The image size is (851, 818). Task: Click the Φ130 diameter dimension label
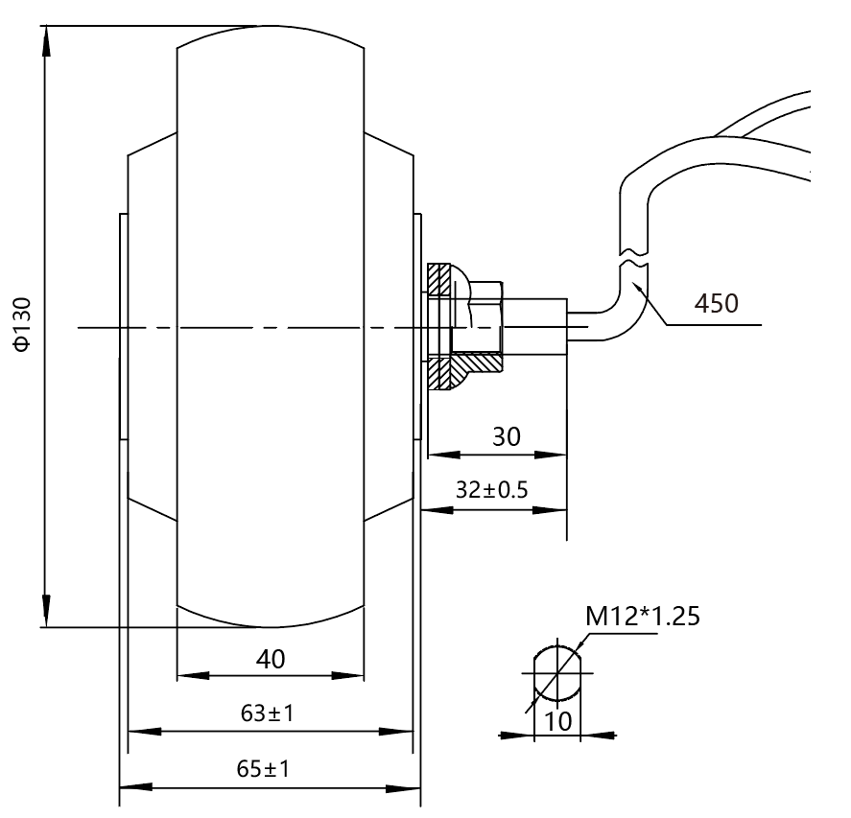[23, 324]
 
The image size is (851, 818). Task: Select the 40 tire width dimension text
[271, 659]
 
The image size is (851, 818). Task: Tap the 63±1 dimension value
[267, 713]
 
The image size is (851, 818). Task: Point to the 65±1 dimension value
[263, 769]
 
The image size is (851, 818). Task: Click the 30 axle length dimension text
[506, 436]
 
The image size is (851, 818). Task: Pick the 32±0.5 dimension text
[492, 490]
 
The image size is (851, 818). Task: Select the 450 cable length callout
[717, 303]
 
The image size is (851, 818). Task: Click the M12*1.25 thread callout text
[643, 616]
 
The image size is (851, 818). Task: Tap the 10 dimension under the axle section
[557, 721]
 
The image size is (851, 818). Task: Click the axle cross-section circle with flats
[557, 673]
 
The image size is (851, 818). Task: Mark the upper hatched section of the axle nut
[439, 279]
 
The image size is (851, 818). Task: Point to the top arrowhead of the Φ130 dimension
[46, 41]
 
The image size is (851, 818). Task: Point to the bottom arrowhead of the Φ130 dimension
[46, 611]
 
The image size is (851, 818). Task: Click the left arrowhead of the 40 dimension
[193, 676]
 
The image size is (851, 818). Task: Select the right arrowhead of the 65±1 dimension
[404, 787]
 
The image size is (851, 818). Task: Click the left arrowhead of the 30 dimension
[444, 455]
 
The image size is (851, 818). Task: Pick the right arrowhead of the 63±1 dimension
[396, 732]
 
